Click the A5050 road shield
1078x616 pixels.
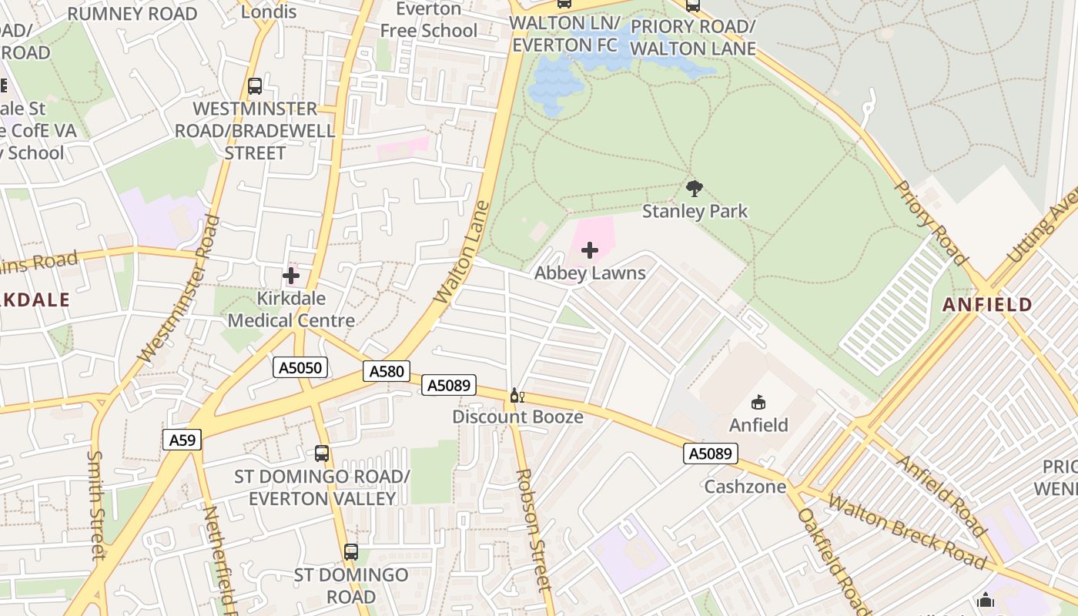[x=300, y=368]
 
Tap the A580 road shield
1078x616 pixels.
[x=387, y=372]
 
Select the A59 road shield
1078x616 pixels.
[x=182, y=440]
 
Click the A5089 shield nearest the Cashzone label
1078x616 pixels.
[x=710, y=454]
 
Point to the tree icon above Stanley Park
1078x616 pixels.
[x=694, y=188]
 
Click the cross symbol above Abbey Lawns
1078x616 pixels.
[x=590, y=250]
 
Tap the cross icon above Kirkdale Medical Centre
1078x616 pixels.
[x=291, y=275]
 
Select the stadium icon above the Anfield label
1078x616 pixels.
[x=758, y=402]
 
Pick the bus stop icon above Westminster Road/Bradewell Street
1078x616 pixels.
[x=255, y=86]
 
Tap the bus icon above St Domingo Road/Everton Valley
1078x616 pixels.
[x=322, y=454]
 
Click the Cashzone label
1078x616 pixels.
[x=745, y=487]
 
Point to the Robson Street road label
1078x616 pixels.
[x=534, y=530]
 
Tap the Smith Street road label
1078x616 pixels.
[x=95, y=504]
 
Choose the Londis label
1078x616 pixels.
[x=269, y=12]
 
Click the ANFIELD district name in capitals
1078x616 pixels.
[x=987, y=305]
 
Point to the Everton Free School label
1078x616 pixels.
[x=429, y=20]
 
